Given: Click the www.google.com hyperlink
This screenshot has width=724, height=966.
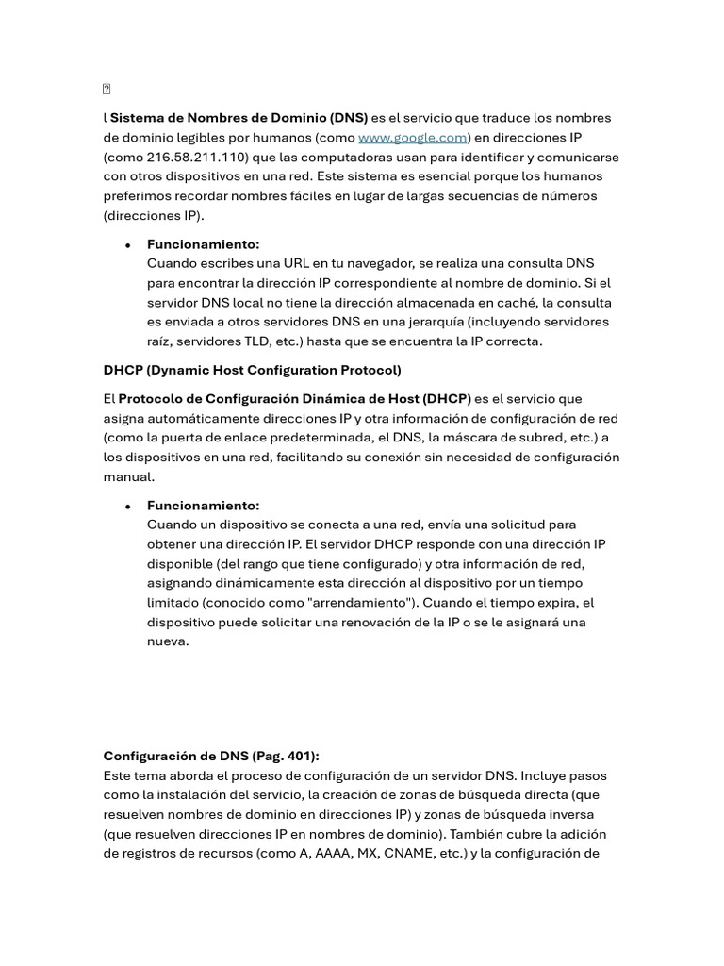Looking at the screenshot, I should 413,138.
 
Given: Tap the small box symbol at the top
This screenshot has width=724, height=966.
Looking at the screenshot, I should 107,90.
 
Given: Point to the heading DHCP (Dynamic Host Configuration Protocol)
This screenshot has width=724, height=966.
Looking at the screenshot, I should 252,370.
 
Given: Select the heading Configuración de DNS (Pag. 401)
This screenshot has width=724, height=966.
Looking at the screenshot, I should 211,757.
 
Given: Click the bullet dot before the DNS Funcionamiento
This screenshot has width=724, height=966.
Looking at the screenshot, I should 127,245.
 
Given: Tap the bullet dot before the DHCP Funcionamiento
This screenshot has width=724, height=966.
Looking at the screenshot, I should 127,507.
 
